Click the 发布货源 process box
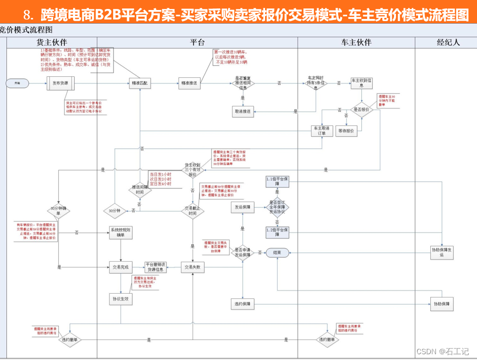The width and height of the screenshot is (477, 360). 61,83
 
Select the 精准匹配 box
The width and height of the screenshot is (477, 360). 140,83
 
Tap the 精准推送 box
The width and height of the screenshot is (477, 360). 189,83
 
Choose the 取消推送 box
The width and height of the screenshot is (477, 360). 242,111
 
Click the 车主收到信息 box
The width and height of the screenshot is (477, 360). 362,83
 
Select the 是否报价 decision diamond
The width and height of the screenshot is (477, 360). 362,109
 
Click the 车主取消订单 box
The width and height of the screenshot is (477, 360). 321,131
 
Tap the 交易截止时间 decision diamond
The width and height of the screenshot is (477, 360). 192,211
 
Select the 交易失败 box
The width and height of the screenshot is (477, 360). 192,267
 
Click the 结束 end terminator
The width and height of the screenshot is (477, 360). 277,253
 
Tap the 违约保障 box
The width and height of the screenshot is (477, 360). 242,304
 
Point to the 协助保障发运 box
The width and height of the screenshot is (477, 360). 442,252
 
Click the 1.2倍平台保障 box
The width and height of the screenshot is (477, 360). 277,232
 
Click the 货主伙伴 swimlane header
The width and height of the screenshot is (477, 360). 52,42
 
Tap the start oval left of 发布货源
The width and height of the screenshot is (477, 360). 17,83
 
